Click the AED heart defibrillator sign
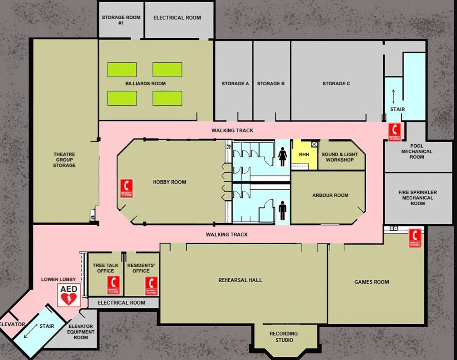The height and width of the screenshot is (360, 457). [69, 295]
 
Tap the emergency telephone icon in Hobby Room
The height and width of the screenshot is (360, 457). [127, 189]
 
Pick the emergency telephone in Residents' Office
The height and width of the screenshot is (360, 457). [151, 286]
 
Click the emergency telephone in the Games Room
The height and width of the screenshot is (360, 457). [415, 238]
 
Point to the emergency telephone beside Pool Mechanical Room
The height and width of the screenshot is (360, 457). [395, 132]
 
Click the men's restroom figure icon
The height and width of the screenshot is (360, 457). [283, 211]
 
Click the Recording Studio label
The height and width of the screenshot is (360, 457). [284, 337]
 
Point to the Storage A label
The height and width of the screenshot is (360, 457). [235, 84]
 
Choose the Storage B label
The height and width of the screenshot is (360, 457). [271, 84]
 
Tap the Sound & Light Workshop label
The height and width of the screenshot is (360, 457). [340, 157]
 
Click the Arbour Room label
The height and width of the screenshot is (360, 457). [330, 195]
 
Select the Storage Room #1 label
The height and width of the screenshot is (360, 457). [121, 20]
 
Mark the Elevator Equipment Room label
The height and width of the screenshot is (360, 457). [81, 332]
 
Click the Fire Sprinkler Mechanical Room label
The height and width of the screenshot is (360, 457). [417, 198]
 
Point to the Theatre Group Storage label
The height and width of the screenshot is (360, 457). [64, 160]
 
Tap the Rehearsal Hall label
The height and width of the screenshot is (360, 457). [240, 280]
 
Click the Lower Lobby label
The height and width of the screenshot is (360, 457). [58, 279]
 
